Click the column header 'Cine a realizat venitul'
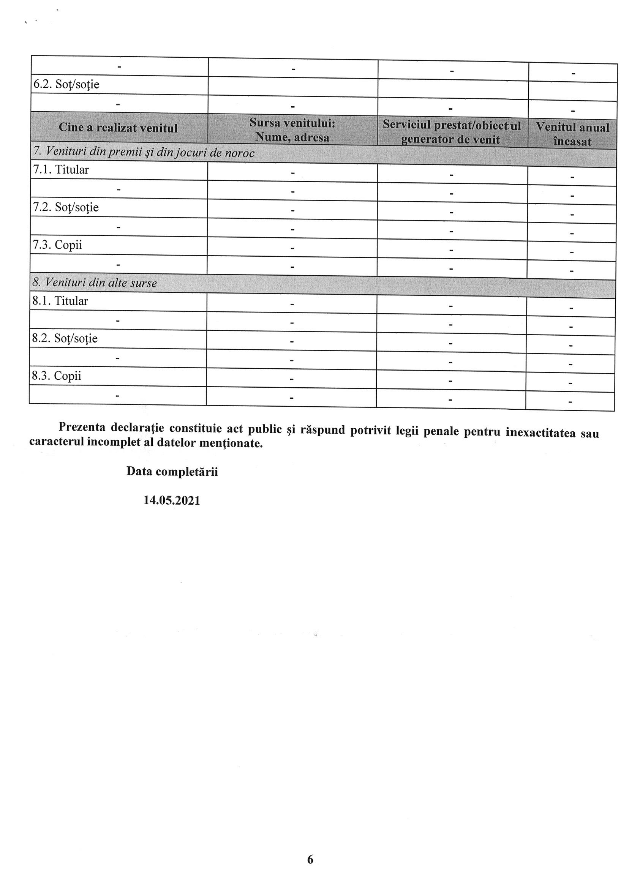[118, 128]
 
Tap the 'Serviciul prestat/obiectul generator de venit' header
[452, 132]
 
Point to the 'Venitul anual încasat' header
[572, 134]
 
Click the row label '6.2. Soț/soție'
[66, 84]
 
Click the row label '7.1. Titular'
[61, 170]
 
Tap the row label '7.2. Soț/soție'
[65, 207]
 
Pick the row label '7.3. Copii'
[57, 245]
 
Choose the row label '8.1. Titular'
[60, 301]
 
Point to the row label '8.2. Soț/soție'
[65, 338]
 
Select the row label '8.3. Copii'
[57, 376]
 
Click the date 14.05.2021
[172, 501]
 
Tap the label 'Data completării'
[172, 472]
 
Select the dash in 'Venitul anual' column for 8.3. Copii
[570, 383]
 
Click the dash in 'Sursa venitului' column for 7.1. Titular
[293, 173]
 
